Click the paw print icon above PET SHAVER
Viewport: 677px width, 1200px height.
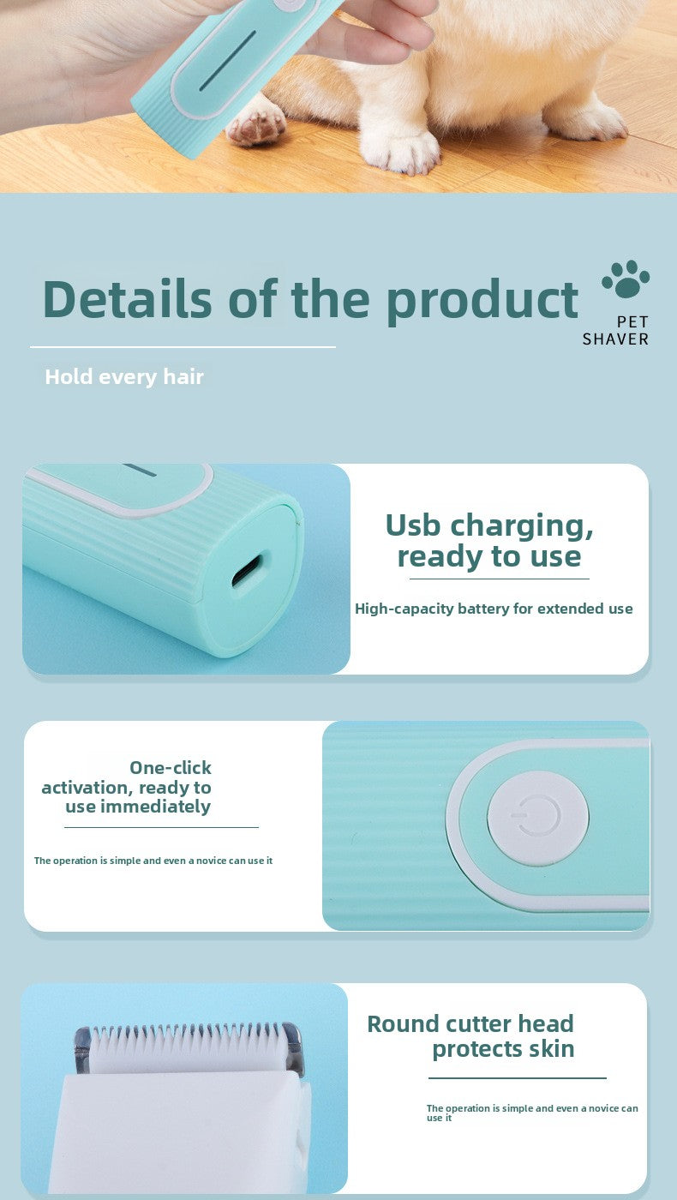pos(626,279)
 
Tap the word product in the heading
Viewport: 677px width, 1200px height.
pos(482,299)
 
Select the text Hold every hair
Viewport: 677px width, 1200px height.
pos(124,376)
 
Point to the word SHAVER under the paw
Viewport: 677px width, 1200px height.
pos(615,339)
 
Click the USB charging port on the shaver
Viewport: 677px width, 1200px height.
pos(248,570)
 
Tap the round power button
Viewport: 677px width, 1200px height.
pos(537,818)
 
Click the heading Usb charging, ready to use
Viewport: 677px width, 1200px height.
pos(489,540)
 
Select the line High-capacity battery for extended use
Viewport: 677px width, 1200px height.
pos(494,609)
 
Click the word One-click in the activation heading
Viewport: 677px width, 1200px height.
pos(170,767)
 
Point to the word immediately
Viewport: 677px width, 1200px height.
pos(155,807)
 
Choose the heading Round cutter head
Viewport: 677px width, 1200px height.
pos(470,1023)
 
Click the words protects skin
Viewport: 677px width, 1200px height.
pos(503,1048)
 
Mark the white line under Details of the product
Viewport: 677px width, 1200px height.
pos(183,347)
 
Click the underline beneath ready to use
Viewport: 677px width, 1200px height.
pos(499,579)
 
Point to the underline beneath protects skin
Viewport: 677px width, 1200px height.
pos(517,1078)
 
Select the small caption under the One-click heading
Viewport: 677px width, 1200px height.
pos(153,861)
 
